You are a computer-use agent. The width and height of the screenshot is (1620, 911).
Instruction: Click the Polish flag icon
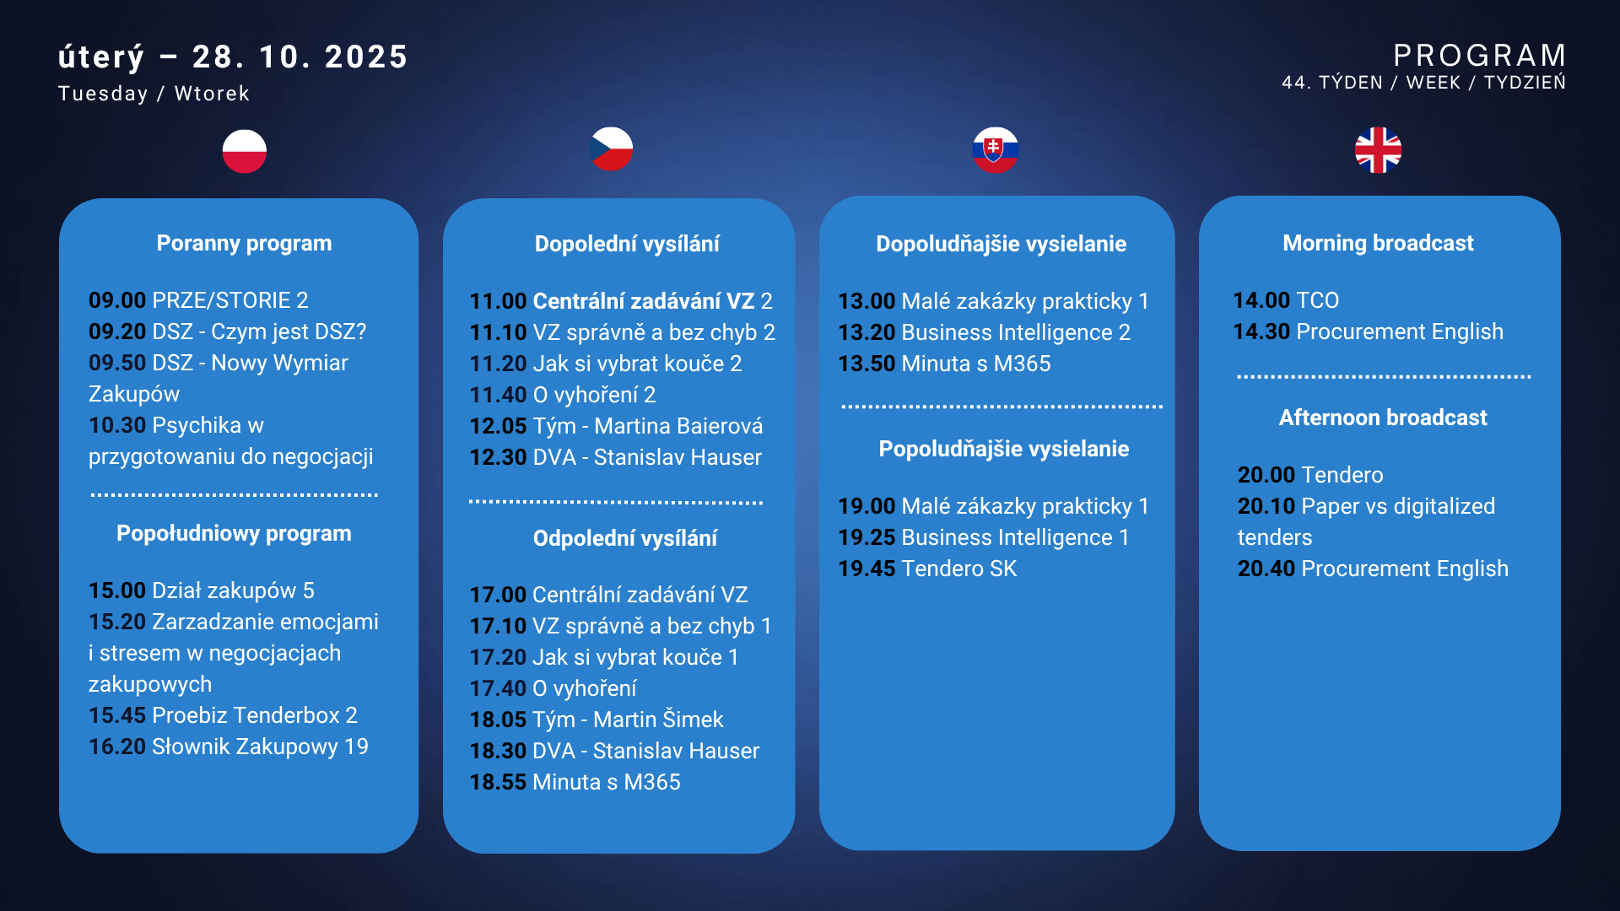[245, 151]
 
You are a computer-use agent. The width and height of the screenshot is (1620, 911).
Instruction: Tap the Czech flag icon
[611, 149]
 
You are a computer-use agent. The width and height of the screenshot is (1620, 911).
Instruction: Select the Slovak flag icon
[995, 150]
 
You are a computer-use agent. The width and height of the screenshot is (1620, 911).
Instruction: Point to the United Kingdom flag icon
[1378, 150]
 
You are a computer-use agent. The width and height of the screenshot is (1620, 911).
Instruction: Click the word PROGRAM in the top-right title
[1480, 56]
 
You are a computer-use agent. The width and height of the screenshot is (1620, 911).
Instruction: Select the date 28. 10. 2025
[300, 57]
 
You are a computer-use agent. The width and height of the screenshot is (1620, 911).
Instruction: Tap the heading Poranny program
[244, 243]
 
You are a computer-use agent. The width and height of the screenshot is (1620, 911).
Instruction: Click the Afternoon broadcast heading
[1382, 418]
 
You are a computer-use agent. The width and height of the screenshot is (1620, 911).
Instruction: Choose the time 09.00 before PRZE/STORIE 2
[117, 300]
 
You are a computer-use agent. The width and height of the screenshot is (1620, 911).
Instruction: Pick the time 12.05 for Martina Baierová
[498, 426]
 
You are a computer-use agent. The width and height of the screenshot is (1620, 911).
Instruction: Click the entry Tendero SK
[958, 569]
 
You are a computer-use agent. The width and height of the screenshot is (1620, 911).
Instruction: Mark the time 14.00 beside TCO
[1261, 300]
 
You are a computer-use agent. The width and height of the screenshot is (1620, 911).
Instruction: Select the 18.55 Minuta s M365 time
[498, 782]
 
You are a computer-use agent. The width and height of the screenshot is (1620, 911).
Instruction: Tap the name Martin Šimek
[658, 720]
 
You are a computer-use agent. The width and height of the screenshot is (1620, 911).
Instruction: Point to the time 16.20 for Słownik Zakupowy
[117, 747]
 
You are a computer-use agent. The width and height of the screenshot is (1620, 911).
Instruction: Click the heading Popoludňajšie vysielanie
[1003, 449]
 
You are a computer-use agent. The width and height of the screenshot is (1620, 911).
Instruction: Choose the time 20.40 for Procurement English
[1266, 569]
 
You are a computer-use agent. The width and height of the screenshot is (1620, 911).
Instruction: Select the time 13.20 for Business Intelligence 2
[867, 332]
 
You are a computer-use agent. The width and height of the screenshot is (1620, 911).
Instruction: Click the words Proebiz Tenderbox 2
[254, 715]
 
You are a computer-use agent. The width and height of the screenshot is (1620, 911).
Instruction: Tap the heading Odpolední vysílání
[624, 538]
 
